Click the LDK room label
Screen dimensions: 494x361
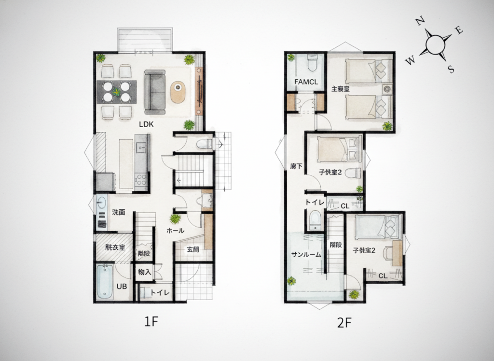point(146,124)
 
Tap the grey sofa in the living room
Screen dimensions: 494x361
point(155,92)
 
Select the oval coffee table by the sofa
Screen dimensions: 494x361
point(178,92)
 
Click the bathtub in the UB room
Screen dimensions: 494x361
point(105,282)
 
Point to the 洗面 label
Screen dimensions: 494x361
point(119,212)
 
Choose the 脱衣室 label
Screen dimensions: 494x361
point(115,248)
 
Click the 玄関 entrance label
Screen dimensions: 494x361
point(192,250)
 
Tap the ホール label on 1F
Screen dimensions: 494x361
point(175,231)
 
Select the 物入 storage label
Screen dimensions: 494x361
point(145,272)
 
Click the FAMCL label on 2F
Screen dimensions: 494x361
point(306,82)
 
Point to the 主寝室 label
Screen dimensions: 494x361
point(340,89)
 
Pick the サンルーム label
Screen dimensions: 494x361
point(306,255)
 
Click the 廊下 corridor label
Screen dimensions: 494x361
point(297,166)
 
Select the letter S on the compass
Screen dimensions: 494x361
point(452,69)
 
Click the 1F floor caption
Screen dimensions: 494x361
point(151,321)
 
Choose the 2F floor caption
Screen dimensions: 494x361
point(344,322)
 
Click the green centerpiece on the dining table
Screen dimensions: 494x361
point(117,92)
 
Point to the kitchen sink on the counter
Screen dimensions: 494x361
point(141,147)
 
